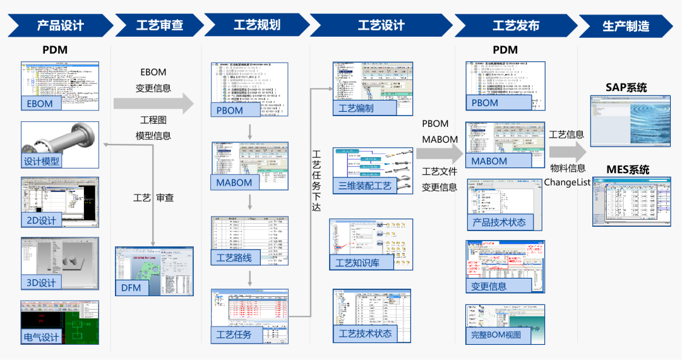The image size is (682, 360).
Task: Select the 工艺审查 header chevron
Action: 159,26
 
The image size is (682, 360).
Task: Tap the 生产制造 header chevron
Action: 625,26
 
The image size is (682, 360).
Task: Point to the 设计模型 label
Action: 42,161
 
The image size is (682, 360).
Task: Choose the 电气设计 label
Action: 42,337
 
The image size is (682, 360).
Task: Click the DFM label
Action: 131,288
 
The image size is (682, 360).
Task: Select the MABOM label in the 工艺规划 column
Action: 234,183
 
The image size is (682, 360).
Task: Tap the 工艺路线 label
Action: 234,257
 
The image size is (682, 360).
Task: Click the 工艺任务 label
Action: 234,334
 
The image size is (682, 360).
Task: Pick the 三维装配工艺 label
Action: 365,186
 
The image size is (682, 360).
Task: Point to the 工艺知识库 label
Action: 357,263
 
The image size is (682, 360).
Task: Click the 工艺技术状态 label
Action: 365,333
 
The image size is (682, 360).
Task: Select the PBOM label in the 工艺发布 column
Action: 485,103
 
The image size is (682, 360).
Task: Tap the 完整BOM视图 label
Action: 496,335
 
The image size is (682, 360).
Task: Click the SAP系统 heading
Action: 626,88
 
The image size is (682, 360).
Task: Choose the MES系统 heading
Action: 627,170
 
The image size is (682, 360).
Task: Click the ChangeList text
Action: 567,182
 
